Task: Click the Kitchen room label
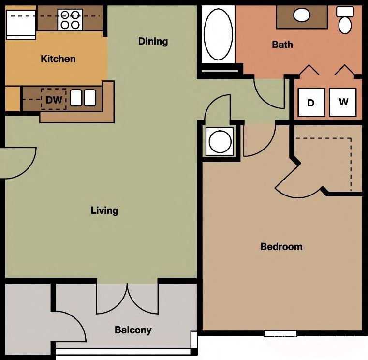click(x=58, y=59)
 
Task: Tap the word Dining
click(x=153, y=41)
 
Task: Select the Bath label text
click(x=282, y=45)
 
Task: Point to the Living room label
click(x=104, y=210)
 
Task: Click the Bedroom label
click(x=281, y=247)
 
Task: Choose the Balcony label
click(x=133, y=330)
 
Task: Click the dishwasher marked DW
click(x=53, y=100)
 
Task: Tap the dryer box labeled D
click(x=311, y=103)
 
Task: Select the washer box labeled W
click(x=343, y=102)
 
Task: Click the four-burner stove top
click(x=70, y=20)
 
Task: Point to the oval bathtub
click(x=218, y=33)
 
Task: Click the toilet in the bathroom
click(x=345, y=20)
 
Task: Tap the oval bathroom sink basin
click(x=302, y=15)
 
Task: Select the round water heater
click(x=220, y=141)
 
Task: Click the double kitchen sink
click(x=83, y=98)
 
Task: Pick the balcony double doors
click(x=127, y=298)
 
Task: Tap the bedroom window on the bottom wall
click(x=280, y=333)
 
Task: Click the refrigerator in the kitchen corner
click(x=20, y=24)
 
